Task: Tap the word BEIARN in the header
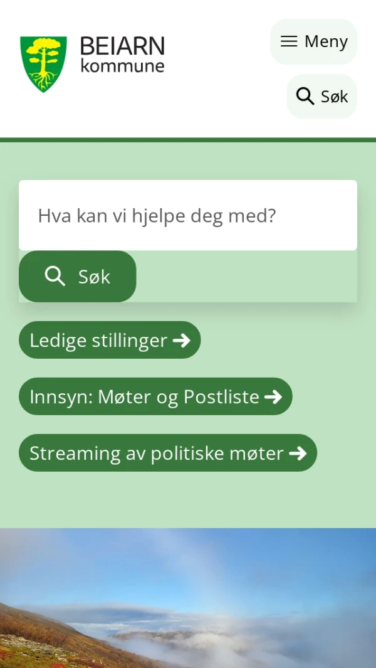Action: coord(122,46)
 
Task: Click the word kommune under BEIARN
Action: coord(122,65)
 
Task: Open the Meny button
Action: coord(313,41)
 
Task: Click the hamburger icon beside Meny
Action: coord(289,41)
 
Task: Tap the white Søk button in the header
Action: coord(321,96)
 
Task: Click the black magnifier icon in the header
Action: coord(305,96)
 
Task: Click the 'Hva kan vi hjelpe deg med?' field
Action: coord(188,215)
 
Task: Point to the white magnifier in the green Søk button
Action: coord(55,276)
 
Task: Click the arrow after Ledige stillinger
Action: coord(181,340)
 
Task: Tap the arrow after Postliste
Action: coord(273,396)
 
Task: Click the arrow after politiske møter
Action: coord(298,453)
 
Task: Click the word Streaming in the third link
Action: coord(75,453)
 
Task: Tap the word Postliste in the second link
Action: coord(221,396)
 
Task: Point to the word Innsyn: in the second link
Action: coord(61,396)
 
